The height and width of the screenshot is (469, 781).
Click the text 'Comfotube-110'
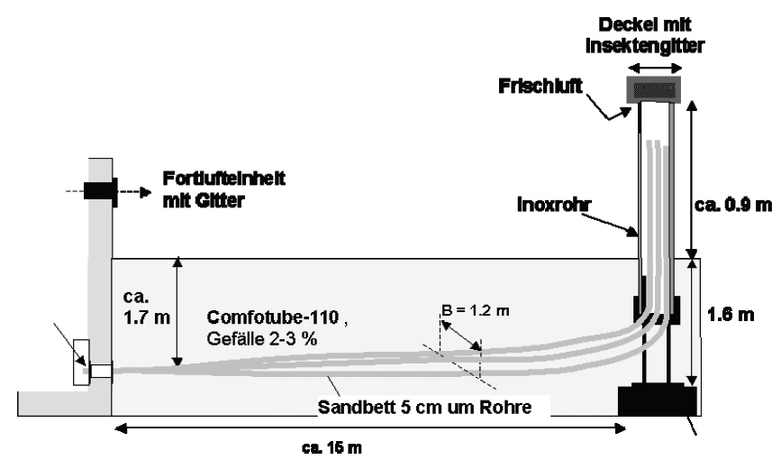pos(265,317)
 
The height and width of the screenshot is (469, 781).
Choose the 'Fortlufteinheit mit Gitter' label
pos(224,188)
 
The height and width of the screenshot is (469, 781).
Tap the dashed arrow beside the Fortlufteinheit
pos(134,191)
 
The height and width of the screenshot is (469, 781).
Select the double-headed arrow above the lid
pos(655,67)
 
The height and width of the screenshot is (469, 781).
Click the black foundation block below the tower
pos(657,400)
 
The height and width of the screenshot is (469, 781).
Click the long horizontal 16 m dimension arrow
pos(369,428)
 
